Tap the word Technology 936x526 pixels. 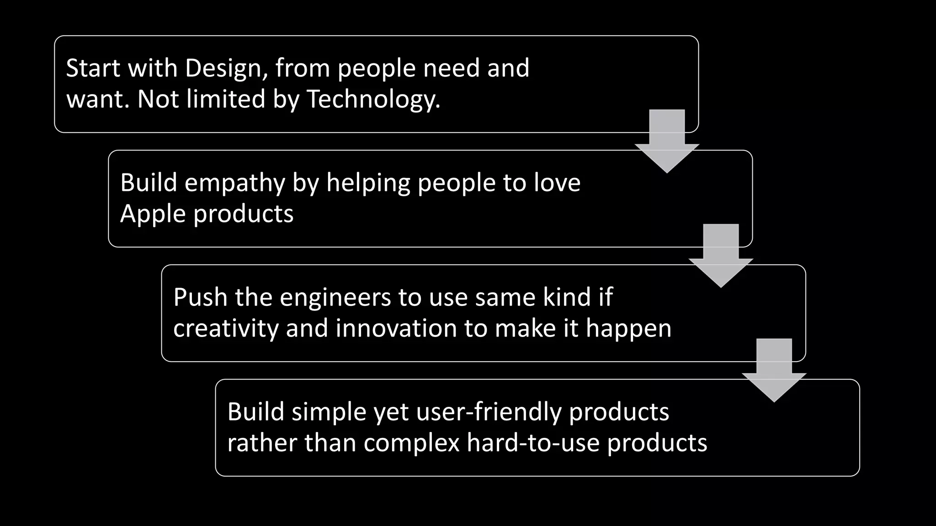373,100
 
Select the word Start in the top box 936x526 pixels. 94,68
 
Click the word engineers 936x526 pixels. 335,298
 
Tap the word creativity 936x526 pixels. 226,329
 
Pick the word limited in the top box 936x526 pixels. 226,100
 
